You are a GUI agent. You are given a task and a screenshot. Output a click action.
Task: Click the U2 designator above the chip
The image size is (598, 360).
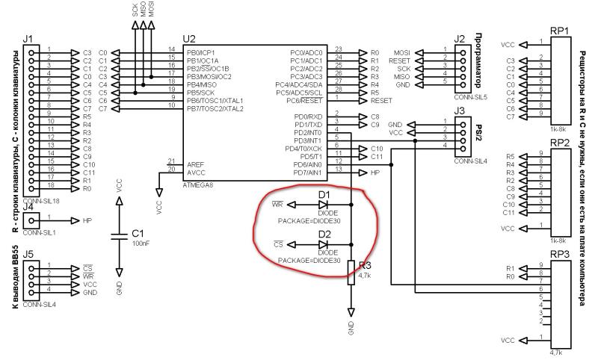point(188,38)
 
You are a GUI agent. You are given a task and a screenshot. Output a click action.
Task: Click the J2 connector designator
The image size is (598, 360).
point(460,38)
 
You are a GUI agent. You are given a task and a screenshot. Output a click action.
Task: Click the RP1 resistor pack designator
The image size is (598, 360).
point(560,31)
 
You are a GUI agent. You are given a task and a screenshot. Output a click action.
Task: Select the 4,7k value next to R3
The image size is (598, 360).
point(365,275)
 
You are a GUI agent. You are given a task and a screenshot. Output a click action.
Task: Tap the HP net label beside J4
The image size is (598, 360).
point(87,221)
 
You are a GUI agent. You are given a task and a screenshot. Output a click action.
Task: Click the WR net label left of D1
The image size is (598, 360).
point(277,204)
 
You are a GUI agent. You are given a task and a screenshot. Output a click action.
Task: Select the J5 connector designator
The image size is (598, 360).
point(28,253)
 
